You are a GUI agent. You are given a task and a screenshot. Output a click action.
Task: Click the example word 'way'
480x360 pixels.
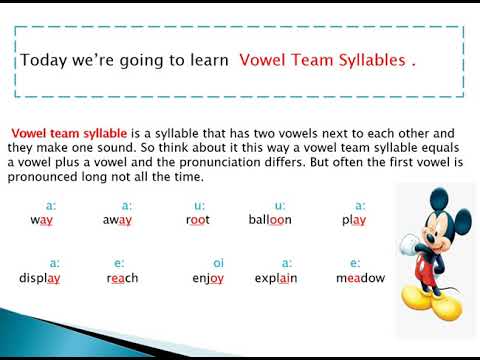point(41,220)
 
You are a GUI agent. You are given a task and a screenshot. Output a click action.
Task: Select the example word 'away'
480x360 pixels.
point(118,220)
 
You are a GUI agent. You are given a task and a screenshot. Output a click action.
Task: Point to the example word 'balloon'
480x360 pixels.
point(270,220)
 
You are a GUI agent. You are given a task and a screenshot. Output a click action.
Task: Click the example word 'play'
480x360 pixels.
point(353,220)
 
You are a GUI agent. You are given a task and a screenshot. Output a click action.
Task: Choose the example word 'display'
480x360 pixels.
point(40,278)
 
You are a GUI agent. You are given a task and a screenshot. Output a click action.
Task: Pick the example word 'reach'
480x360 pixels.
point(120,278)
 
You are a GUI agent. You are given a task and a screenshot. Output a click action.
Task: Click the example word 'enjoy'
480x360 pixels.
point(208,278)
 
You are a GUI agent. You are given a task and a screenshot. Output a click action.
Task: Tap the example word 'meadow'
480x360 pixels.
point(360,278)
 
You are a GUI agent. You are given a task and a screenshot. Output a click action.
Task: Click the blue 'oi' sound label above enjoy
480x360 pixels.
point(218,262)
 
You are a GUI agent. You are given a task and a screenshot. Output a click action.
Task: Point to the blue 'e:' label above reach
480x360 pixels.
point(120,262)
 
